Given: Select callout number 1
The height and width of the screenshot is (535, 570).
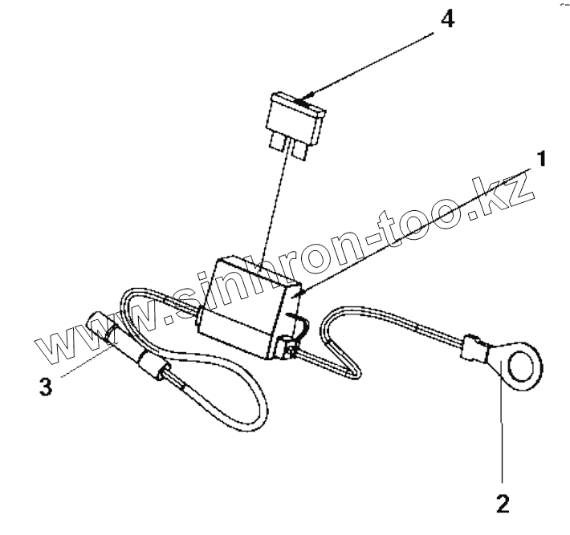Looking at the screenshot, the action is click(x=542, y=160).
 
